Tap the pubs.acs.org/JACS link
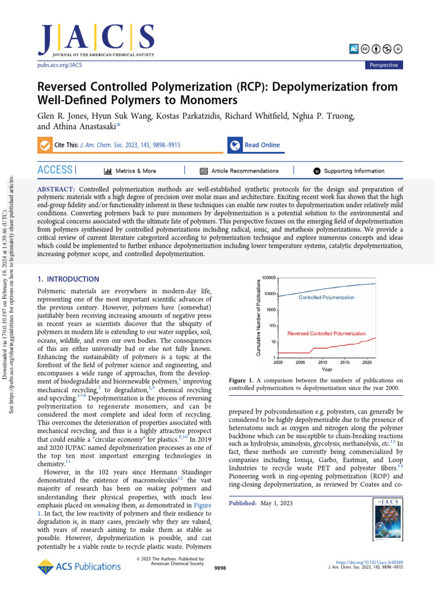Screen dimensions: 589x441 coord(60,66)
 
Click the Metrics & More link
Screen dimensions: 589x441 coord(130,171)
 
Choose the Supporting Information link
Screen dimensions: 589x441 coord(349,171)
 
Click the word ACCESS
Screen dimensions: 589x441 coord(55,170)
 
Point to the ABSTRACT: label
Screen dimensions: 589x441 coord(56,189)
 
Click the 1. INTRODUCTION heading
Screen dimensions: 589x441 coord(68,279)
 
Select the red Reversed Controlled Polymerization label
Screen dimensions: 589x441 coord(326,333)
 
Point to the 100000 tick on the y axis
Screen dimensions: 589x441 coord(269,278)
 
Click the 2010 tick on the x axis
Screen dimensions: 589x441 coord(322,362)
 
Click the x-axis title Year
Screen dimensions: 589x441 coord(326,369)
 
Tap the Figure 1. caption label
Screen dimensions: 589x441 coord(241,380)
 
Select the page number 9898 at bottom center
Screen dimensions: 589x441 coord(220,567)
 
